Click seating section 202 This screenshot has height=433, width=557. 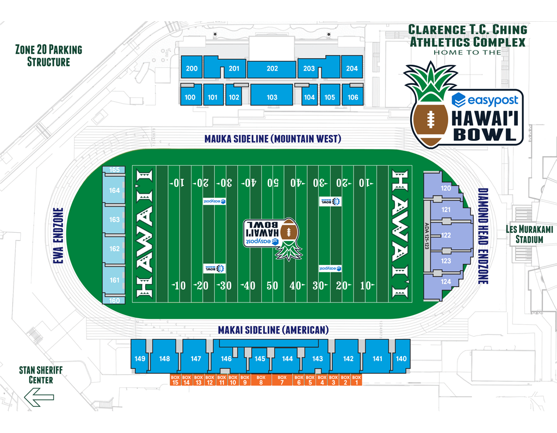coord(272,69)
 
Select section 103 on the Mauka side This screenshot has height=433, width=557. coord(272,97)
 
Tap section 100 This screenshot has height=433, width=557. coord(190,97)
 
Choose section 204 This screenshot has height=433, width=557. coord(351,69)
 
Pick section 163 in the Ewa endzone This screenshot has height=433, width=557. coord(114,220)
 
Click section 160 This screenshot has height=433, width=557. coord(114,300)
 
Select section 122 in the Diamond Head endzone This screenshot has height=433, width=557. coord(446,236)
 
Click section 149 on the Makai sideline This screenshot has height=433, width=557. coord(140,358)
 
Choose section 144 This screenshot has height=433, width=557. coord(287,358)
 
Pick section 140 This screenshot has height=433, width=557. coord(401,358)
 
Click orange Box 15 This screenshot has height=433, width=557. coord(175,380)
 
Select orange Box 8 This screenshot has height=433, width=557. coord(261,380)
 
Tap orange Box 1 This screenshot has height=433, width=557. coord(356,380)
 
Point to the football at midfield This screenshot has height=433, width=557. coord(287,231)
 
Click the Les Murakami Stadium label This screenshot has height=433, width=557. coord(529,234)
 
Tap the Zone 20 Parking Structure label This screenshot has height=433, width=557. coord(49,56)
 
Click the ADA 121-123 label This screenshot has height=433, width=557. coord(426,236)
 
